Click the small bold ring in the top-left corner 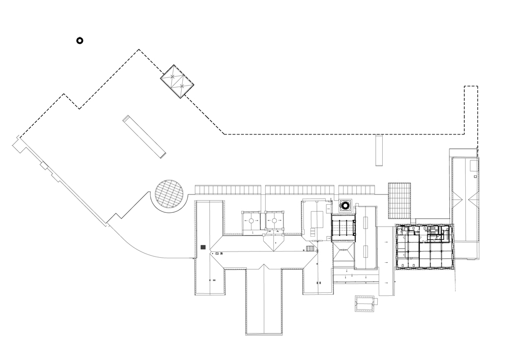[79, 41]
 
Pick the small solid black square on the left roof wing [203, 247]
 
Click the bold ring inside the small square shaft [345, 206]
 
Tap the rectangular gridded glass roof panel [399, 198]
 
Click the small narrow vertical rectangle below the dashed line [378, 150]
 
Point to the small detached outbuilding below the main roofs [364, 303]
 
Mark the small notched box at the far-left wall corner [18, 145]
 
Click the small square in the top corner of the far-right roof [473, 164]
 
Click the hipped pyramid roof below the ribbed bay [343, 253]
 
